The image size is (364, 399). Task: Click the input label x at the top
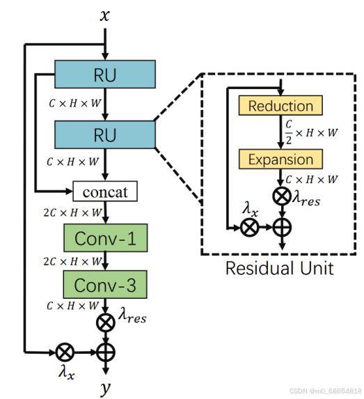pyautogui.click(x=104, y=14)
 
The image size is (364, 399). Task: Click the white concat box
pyautogui.click(x=105, y=191)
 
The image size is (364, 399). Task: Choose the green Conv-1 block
pyautogui.click(x=105, y=238)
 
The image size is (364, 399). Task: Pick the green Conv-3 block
pyautogui.click(x=105, y=285)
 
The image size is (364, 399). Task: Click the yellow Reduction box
pyautogui.click(x=280, y=106)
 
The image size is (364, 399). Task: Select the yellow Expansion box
pyautogui.click(x=280, y=159)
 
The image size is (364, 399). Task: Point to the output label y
pyautogui.click(x=105, y=388)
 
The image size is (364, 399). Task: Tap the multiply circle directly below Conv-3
pyautogui.click(x=105, y=323)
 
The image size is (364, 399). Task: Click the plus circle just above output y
pyautogui.click(x=105, y=350)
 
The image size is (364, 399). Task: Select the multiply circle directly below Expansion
pyautogui.click(x=281, y=197)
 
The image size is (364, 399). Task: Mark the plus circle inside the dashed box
pyautogui.click(x=281, y=227)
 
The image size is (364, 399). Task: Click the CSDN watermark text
pyautogui.click(x=325, y=391)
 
